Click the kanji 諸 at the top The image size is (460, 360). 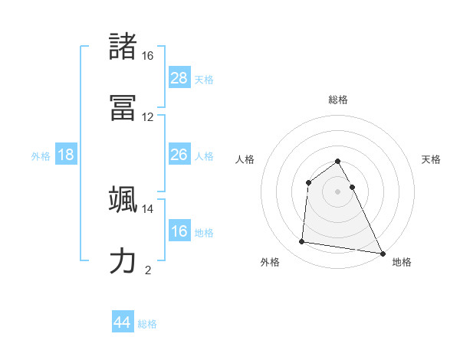pos(123,47)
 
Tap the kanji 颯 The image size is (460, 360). pos(123,198)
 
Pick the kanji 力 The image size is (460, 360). pos(123,260)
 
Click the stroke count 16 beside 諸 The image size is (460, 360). pos(147,56)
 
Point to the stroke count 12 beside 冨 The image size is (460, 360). pos(147,117)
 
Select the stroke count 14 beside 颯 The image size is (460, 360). pos(147,208)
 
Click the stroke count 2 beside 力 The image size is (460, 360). pos(147,270)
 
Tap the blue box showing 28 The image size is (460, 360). pos(179,77)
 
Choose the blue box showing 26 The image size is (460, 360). pos(179,155)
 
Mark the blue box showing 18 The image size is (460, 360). pos(66,155)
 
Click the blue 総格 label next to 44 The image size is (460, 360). pos(147,324)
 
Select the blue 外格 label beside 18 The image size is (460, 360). pos(41,155)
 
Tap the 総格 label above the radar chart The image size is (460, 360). pos(338,100)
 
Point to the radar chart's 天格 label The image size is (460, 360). pos(432,159)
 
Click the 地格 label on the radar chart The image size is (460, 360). pos(402,262)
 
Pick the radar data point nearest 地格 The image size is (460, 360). pos(382,252)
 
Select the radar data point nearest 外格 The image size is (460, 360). pos(302,242)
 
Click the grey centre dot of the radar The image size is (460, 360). pos(338,191)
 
